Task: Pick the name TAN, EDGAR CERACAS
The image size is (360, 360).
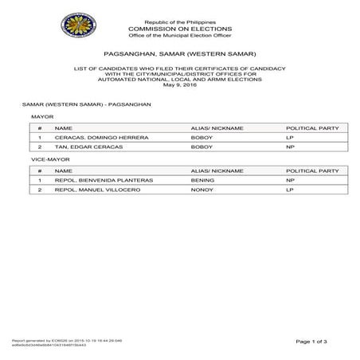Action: point(80,147)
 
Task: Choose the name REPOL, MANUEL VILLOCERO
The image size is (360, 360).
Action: point(92,191)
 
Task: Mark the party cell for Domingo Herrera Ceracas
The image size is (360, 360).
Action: point(290,137)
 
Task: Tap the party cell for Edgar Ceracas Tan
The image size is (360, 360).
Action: point(290,147)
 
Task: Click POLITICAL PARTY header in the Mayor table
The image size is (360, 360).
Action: point(313,127)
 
